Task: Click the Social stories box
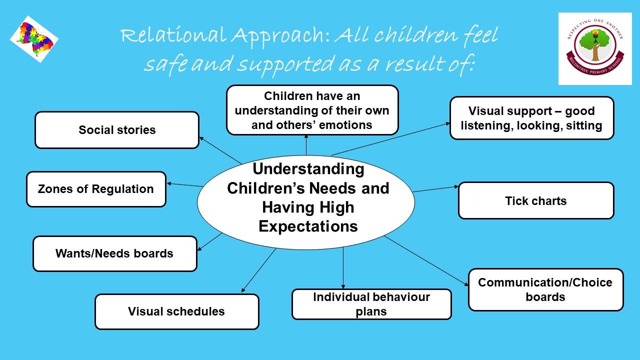pyautogui.click(x=117, y=130)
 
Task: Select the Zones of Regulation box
pyautogui.click(x=96, y=189)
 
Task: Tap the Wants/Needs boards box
pyautogui.click(x=115, y=253)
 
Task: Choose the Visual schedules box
pyautogui.click(x=177, y=311)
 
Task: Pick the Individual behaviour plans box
pyautogui.click(x=371, y=304)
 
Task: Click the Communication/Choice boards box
pyautogui.click(x=545, y=289)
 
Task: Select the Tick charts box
pyautogui.click(x=536, y=200)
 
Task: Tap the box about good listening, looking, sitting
pyautogui.click(x=531, y=118)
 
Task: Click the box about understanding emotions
pyautogui.click(x=312, y=110)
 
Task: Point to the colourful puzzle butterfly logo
pyautogui.click(x=34, y=39)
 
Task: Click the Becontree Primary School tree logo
pyautogui.click(x=595, y=48)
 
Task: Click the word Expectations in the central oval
pyautogui.click(x=308, y=226)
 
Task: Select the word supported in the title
pyautogui.click(x=285, y=64)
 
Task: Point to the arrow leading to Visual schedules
pyautogui.click(x=259, y=270)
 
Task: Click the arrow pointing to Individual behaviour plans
pyautogui.click(x=343, y=268)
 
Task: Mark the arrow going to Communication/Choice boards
pyautogui.click(x=426, y=261)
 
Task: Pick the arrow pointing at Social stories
pyautogui.click(x=220, y=150)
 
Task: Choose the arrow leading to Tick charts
pyautogui.click(x=435, y=189)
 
